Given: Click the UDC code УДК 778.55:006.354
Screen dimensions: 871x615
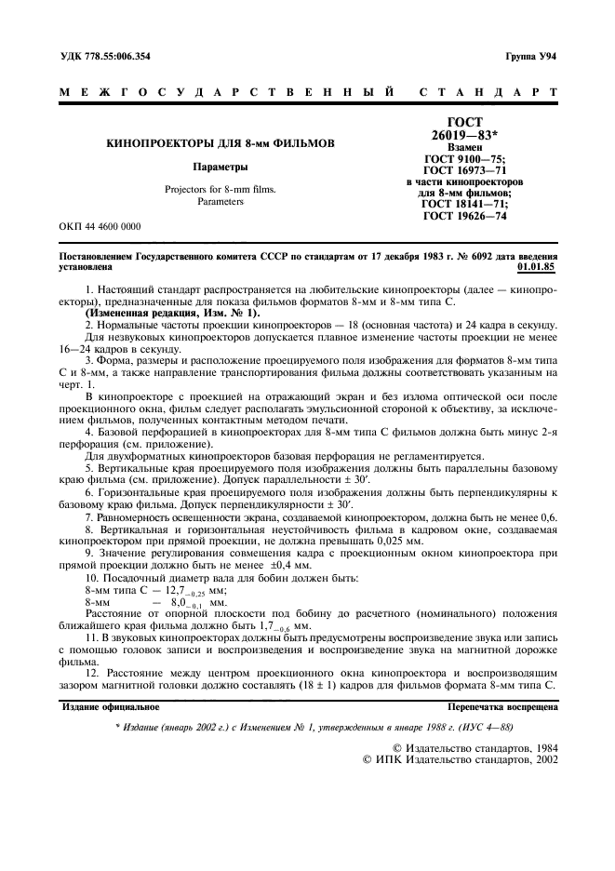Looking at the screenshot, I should pyautogui.click(x=104, y=56).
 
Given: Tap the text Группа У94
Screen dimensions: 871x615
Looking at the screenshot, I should pyautogui.click(x=530, y=56).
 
